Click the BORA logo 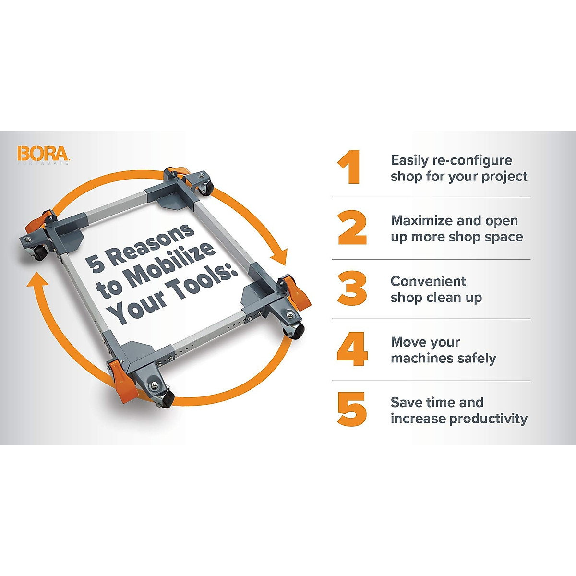point(43,154)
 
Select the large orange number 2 point(352,228)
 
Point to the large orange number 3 point(352,288)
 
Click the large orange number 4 point(352,349)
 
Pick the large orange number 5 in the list point(352,409)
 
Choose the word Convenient point(428,281)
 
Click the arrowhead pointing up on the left point(37,279)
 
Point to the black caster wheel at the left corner point(41,254)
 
